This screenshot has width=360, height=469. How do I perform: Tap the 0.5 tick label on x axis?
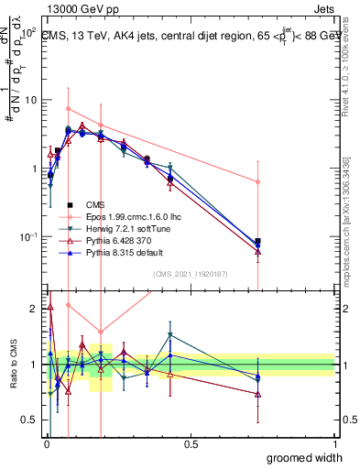pyautogui.click(x=191, y=443)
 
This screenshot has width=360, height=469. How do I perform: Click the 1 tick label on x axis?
pyautogui.click(x=334, y=443)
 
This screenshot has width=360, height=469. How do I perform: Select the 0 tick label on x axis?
pyautogui.click(x=46, y=443)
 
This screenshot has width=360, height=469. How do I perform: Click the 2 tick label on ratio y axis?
pyautogui.click(x=36, y=309)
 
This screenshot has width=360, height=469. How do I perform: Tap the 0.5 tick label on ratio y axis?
pyautogui.click(x=30, y=420)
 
